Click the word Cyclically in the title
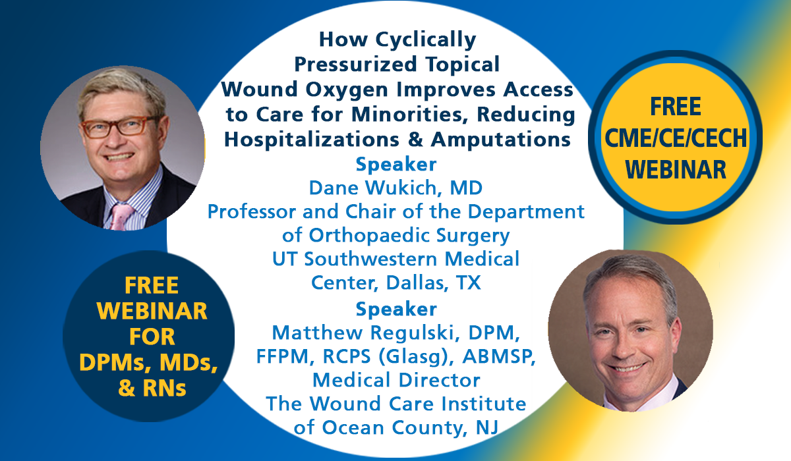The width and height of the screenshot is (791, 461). [426, 40]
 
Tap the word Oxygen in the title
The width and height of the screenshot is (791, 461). [347, 90]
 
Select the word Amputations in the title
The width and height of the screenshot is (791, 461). [501, 140]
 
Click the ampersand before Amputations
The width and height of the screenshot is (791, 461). [415, 140]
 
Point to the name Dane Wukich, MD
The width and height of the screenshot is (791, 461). [395, 188]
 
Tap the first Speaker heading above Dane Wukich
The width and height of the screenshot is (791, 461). [396, 165]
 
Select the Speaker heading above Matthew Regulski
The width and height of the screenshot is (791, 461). [396, 310]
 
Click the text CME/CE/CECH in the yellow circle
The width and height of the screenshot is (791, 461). [676, 138]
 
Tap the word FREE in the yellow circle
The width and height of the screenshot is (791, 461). [676, 107]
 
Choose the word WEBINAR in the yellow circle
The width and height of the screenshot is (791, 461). [676, 170]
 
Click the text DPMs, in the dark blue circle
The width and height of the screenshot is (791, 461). [117, 363]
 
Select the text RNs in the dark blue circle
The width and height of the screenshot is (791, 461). [164, 389]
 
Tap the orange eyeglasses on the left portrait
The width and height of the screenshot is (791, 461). [118, 127]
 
